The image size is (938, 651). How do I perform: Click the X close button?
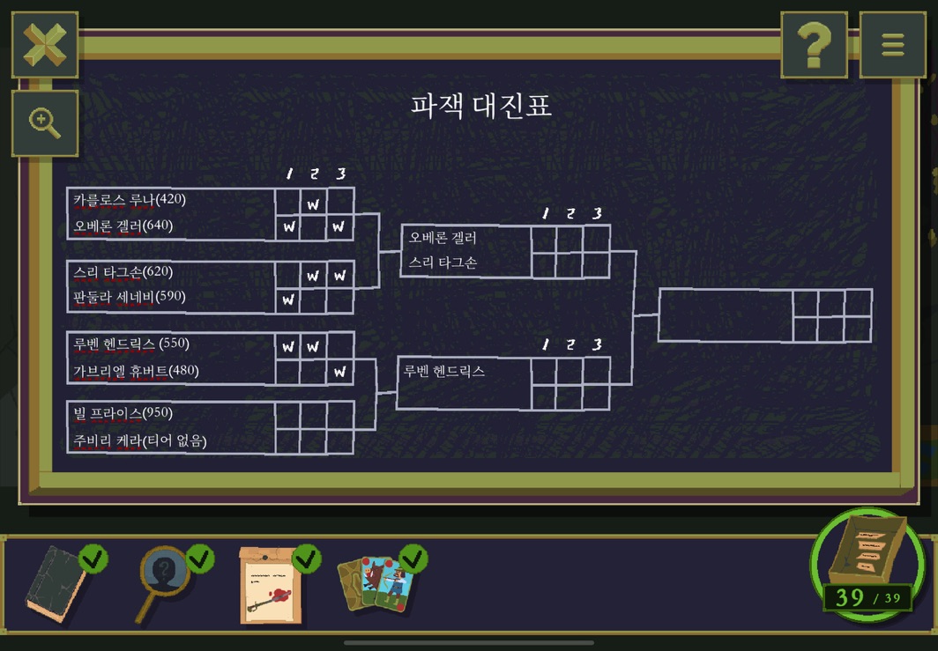pyautogui.click(x=44, y=44)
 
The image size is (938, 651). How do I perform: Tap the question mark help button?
pyautogui.click(x=814, y=44)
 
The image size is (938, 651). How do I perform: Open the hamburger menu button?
pyautogui.click(x=892, y=44)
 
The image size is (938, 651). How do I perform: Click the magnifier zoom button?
pyautogui.click(x=44, y=122)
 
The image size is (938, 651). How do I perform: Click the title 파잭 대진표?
pyautogui.click(x=481, y=106)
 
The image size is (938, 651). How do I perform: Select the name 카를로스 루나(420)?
pyautogui.click(x=130, y=200)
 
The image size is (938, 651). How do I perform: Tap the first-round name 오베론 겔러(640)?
pyautogui.click(x=123, y=226)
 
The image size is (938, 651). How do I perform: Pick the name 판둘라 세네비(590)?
pyautogui.click(x=130, y=297)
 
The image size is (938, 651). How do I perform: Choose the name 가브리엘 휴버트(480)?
pyautogui.click(x=136, y=372)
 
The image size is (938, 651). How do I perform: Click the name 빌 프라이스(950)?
pyautogui.click(x=123, y=414)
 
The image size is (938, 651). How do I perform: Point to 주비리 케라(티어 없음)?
pyautogui.click(x=139, y=440)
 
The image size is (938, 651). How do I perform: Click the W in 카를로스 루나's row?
pyautogui.click(x=313, y=205)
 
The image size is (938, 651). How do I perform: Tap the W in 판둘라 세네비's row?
pyautogui.click(x=287, y=300)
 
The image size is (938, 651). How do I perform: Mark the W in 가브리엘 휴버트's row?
pyautogui.click(x=339, y=372)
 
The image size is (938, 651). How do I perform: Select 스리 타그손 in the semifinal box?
pyautogui.click(x=443, y=263)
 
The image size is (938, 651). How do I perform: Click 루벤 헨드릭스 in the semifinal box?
pyautogui.click(x=444, y=372)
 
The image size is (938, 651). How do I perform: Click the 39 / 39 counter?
pyautogui.click(x=867, y=598)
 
